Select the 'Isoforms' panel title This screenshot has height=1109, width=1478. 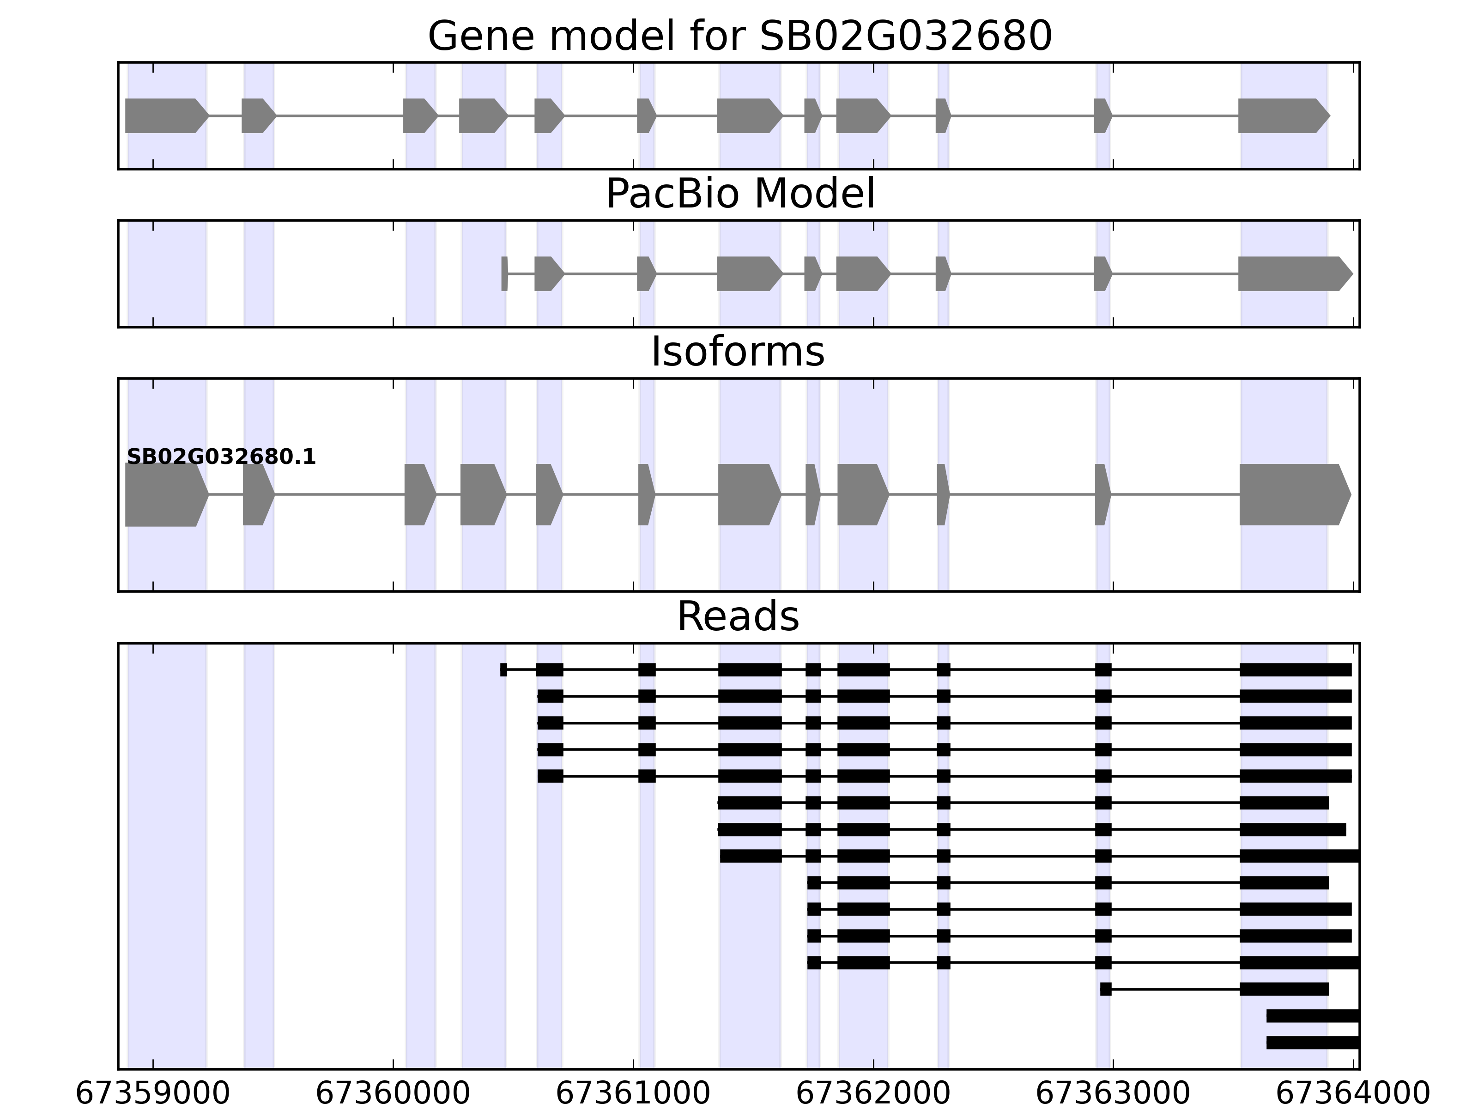tap(738, 352)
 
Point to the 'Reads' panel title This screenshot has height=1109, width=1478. tap(738, 616)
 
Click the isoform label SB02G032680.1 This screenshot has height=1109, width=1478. tap(221, 457)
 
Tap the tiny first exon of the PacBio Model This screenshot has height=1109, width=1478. tap(504, 274)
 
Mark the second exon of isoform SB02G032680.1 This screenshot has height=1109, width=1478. tap(257, 495)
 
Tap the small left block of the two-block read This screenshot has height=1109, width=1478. tap(1106, 989)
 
